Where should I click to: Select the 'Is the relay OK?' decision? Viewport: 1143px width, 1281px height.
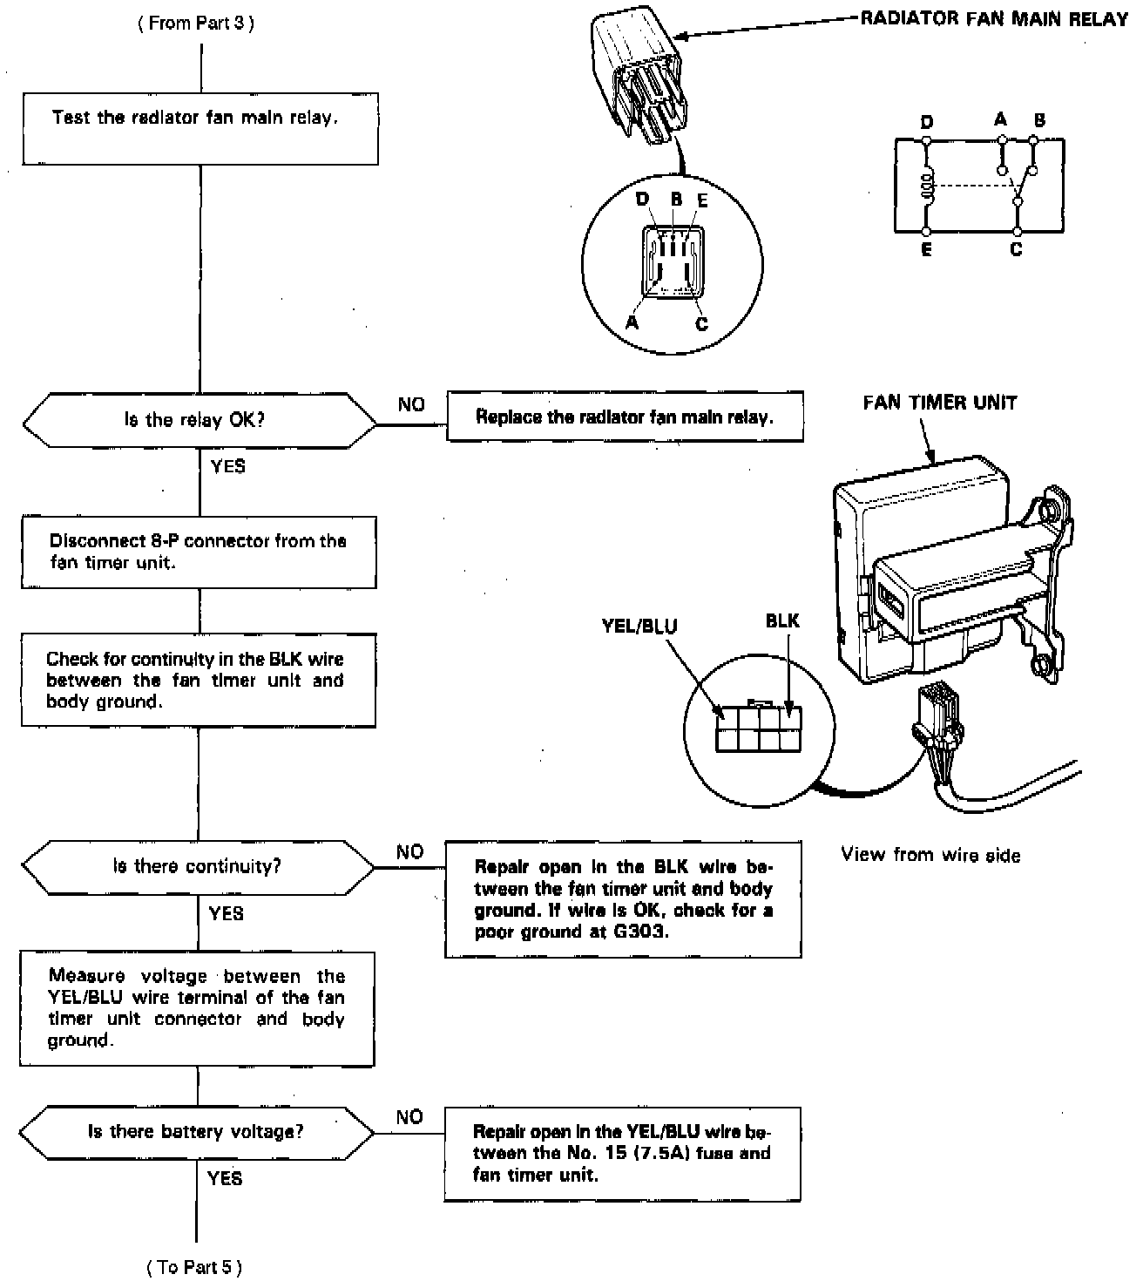point(200,421)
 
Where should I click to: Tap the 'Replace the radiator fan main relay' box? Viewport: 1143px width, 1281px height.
point(625,417)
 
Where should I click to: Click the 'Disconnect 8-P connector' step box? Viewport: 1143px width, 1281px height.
point(199,552)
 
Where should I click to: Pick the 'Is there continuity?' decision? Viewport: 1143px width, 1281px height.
point(198,867)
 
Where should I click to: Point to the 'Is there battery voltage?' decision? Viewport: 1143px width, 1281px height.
point(197,1132)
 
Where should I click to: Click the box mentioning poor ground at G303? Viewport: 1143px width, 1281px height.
point(623,899)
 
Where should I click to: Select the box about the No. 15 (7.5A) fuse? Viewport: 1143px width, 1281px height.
point(622,1153)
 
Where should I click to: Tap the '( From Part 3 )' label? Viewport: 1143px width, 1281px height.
point(196,24)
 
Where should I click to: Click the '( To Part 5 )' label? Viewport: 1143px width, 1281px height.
point(195,1266)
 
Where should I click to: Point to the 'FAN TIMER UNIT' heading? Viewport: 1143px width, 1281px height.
point(939,403)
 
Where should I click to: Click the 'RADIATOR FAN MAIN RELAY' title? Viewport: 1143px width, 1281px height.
point(994,19)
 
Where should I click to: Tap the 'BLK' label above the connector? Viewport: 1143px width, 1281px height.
point(781,620)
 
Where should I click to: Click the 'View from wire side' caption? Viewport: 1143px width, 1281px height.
point(930,855)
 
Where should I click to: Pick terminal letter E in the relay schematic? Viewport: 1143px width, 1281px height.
point(926,250)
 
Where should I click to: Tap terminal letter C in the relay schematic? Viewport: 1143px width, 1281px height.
point(1016,250)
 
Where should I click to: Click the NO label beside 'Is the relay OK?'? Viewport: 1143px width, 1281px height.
point(411,404)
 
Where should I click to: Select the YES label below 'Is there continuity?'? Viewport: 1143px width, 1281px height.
point(227,913)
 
